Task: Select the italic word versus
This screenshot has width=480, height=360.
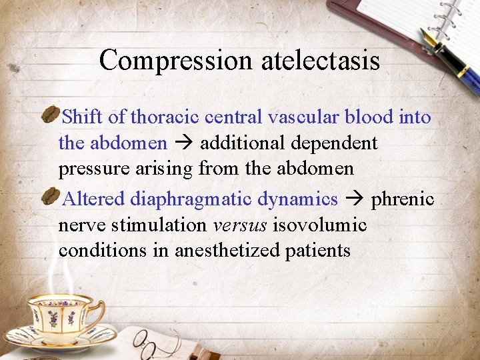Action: pyautogui.click(x=240, y=225)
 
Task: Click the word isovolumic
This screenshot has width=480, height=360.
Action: pyautogui.click(x=319, y=225)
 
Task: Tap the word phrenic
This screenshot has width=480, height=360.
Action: pyautogui.click(x=403, y=199)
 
